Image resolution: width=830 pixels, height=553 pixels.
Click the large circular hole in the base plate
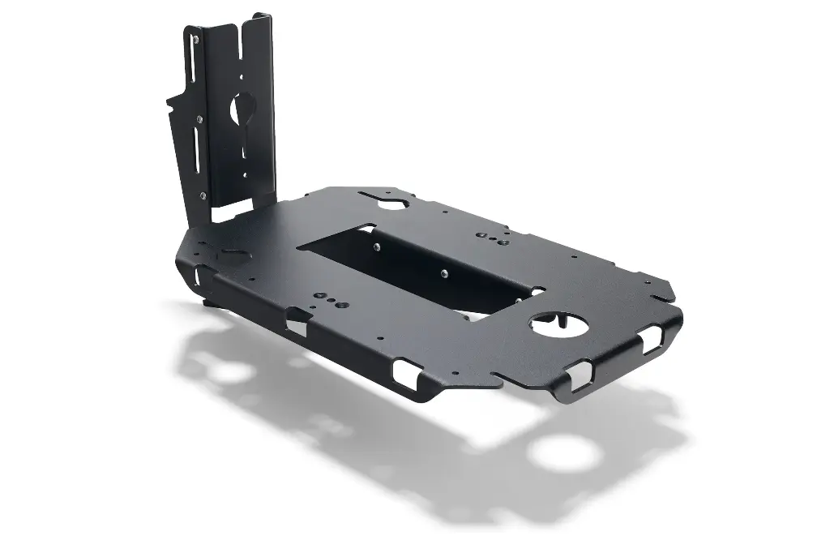pos(558,326)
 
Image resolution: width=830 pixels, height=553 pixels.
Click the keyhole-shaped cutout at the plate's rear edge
pos(390,200)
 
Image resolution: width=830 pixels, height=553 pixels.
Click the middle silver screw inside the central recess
pos(443,274)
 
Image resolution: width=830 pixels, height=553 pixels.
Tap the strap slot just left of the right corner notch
pos(581,374)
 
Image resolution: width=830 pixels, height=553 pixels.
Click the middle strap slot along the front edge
pos(404,372)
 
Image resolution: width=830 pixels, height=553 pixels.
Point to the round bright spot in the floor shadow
pos(565,452)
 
